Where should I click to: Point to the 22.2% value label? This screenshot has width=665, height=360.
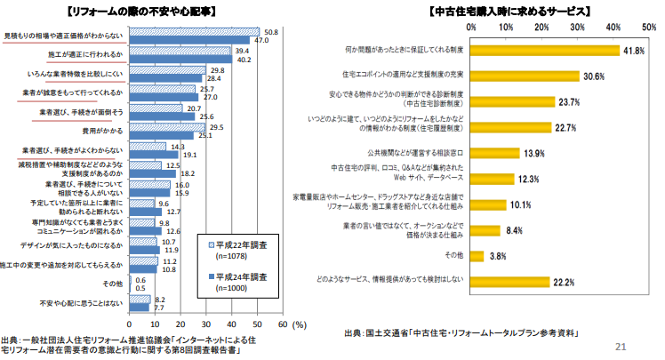[565, 283]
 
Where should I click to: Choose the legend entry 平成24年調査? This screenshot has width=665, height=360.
[236, 276]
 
